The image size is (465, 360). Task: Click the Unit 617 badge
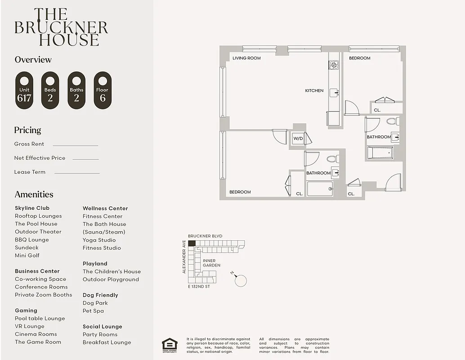(x=24, y=90)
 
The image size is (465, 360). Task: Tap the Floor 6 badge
(x=103, y=90)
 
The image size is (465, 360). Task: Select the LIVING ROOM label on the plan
(x=246, y=58)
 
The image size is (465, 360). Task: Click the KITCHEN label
(x=314, y=91)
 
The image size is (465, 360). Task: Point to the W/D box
(x=298, y=139)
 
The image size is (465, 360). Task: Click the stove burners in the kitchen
(x=333, y=66)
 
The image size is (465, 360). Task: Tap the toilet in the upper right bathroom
(x=391, y=121)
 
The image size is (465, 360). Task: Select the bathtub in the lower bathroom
(x=320, y=189)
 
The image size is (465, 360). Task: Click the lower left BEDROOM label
(x=240, y=192)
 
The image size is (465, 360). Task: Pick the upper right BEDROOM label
(x=360, y=58)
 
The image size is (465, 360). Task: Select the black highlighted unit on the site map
(x=192, y=243)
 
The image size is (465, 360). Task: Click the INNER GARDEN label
(x=211, y=263)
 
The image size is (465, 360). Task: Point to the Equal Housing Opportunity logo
(x=170, y=345)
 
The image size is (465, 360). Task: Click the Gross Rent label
(x=29, y=144)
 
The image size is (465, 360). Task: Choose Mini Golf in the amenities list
(x=27, y=255)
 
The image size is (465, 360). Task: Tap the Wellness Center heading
(x=105, y=208)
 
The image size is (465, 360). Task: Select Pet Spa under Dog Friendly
(x=93, y=311)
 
